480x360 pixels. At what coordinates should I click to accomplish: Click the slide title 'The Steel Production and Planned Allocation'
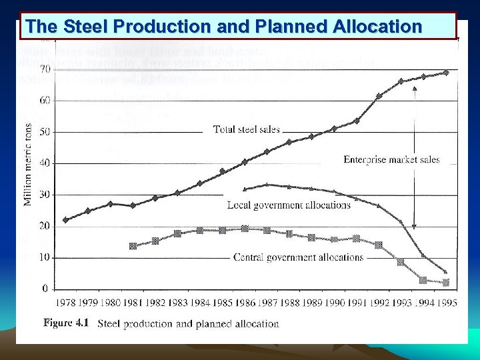tap(223, 27)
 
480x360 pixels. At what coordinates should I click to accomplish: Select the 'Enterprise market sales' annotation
tap(391, 160)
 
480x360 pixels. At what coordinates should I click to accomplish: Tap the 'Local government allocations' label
tap(288, 205)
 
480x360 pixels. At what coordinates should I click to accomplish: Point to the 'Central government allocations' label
tap(298, 257)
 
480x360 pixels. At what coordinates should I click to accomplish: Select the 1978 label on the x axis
tap(66, 303)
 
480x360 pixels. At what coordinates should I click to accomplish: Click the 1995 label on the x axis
tap(445, 303)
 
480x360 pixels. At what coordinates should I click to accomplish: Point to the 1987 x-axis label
tap(267, 303)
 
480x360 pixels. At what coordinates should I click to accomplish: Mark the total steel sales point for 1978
tap(65, 220)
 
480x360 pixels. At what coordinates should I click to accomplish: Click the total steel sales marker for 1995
tap(445, 72)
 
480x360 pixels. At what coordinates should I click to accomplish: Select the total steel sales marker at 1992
tap(379, 96)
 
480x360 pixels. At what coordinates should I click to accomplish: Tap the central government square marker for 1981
tap(133, 246)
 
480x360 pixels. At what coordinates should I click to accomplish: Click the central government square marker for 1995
tap(445, 283)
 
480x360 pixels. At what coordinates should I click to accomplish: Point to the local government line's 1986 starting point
tap(245, 189)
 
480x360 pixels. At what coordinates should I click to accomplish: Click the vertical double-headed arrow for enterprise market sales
tap(414, 157)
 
